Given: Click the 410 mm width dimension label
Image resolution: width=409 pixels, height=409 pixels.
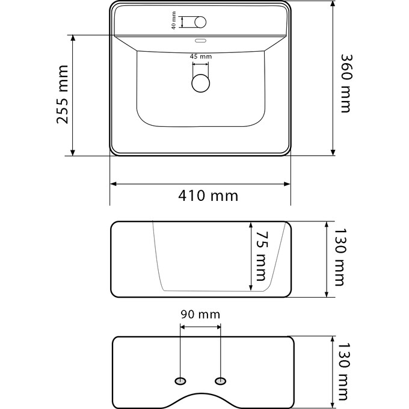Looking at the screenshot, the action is pos(208,195).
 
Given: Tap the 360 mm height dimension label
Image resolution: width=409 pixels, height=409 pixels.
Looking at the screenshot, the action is pos(347,84).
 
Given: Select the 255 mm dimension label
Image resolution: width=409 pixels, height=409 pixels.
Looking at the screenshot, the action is pos(63,94).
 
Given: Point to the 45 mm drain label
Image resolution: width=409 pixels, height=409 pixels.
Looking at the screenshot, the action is pos(201,57).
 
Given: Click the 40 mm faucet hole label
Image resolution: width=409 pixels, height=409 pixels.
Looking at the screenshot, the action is pos(174,20).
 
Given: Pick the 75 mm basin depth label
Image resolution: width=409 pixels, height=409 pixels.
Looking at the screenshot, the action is pos(262,256).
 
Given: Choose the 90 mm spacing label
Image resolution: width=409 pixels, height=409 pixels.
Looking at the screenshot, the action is pos(200,315).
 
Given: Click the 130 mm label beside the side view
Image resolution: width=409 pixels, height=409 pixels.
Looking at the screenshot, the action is pos(340,257).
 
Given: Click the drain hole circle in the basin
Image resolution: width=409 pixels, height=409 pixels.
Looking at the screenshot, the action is pos(200,83).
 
